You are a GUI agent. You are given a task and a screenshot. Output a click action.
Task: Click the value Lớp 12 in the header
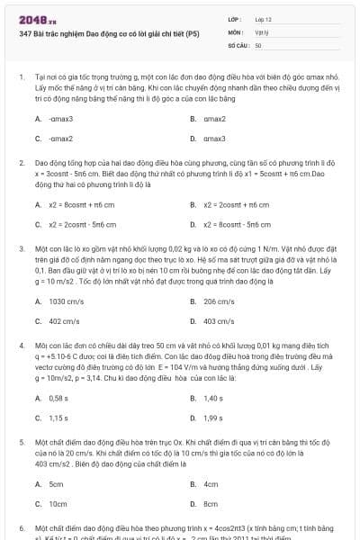tap(264, 19)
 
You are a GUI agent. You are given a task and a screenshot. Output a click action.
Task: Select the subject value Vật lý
tap(261, 31)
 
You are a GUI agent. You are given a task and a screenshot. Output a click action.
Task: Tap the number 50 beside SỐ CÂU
tap(258, 44)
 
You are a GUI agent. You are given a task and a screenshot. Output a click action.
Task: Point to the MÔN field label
tap(233, 31)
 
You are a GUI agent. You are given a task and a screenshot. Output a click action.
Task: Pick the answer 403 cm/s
tap(219, 321)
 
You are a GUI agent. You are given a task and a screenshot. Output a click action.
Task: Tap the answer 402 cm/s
tap(65, 321)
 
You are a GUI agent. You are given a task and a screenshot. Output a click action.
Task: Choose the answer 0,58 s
tap(59, 398)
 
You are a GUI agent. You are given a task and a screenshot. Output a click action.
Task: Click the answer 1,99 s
tap(213, 418)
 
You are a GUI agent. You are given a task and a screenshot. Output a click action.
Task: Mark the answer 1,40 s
tap(213, 398)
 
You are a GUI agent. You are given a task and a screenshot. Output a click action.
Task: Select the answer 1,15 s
tap(59, 418)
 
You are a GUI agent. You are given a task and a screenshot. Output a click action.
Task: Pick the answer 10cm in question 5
tap(58, 504)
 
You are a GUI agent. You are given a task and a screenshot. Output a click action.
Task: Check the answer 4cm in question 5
tap(211, 484)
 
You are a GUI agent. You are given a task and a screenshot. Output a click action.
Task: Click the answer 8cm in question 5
tap(211, 504)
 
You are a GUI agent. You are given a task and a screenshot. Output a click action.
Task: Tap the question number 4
tap(21, 346)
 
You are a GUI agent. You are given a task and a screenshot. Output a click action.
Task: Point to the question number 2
tap(21, 163)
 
